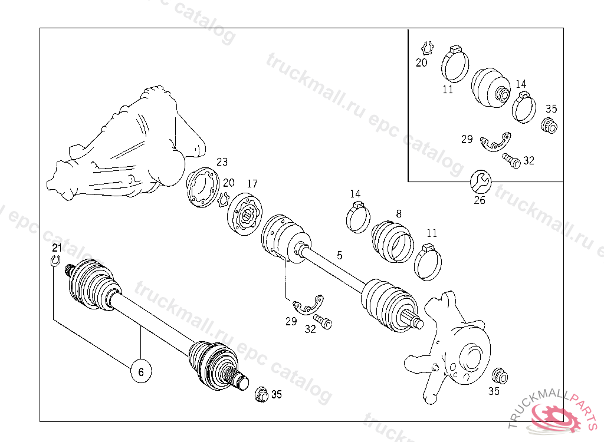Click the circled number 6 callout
tap(141, 371)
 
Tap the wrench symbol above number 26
tap(481, 182)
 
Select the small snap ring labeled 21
tap(55, 260)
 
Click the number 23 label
tap(222, 161)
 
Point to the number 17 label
tap(252, 184)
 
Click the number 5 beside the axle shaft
tap(339, 255)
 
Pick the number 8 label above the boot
tap(399, 213)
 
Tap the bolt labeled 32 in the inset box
tap(511, 160)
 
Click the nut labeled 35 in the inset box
tap(549, 125)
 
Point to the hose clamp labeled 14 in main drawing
tap(358, 217)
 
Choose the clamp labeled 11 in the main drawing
tap(428, 262)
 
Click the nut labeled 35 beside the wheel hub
tap(500, 376)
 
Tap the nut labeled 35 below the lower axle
tap(262, 394)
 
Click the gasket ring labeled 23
tap(203, 187)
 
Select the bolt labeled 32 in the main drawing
tap(323, 322)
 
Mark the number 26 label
tap(480, 200)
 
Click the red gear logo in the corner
tap(554, 417)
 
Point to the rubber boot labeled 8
tap(392, 242)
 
